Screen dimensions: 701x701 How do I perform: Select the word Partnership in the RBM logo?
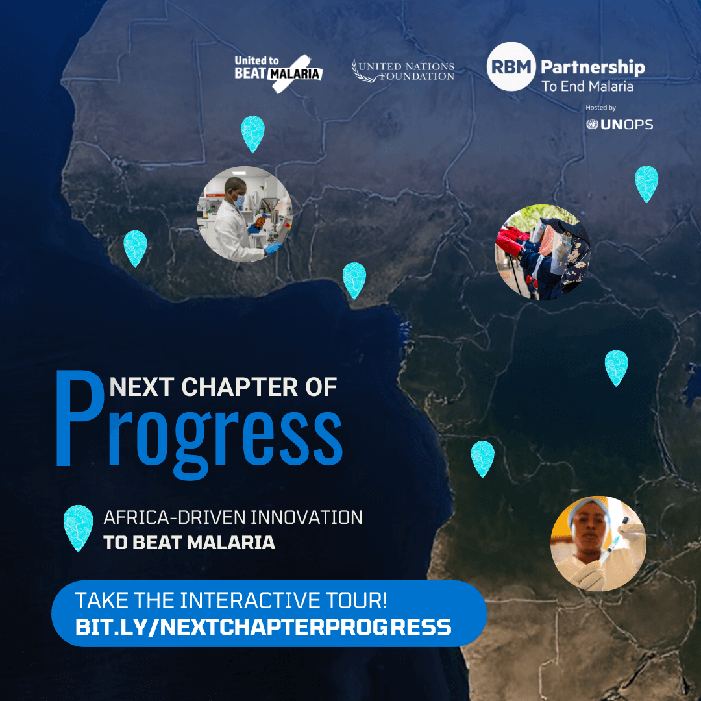(593, 67)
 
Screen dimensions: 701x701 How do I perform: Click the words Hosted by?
(600, 108)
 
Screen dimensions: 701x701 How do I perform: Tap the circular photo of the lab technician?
(245, 214)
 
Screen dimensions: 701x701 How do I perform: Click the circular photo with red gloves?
(543, 252)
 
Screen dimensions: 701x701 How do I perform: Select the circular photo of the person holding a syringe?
(598, 543)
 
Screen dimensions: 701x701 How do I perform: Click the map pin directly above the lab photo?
(252, 133)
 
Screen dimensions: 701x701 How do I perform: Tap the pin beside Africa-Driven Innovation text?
(78, 528)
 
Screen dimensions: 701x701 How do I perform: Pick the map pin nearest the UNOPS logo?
(646, 183)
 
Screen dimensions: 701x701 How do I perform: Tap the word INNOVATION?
(306, 518)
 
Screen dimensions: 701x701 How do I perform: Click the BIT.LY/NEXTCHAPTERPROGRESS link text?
(263, 627)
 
